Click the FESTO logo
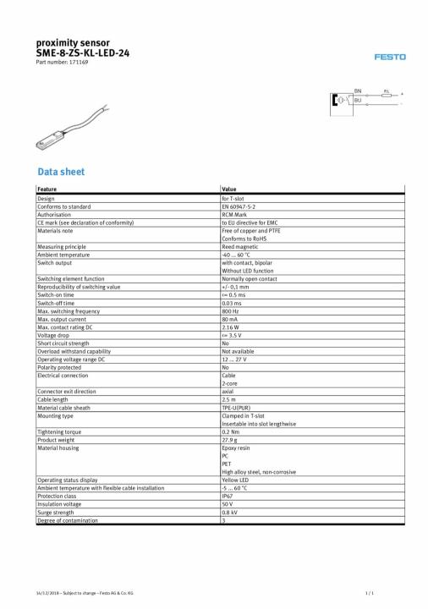390,57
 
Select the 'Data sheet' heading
60,172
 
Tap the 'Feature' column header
47,189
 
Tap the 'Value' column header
228,189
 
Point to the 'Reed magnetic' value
239,246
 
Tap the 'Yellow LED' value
236,480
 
